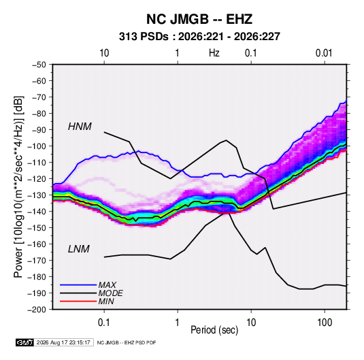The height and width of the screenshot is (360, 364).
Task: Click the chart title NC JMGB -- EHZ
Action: [x=199, y=19]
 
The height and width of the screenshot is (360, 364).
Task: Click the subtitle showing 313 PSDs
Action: [x=199, y=37]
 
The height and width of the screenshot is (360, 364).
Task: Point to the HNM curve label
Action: [x=80, y=127]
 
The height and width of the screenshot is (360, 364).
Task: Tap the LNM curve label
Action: [x=79, y=249]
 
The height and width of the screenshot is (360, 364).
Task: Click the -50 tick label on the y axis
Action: [x=39, y=65]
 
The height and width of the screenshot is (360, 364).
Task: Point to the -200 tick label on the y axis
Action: [x=37, y=310]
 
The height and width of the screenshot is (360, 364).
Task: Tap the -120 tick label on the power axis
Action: [x=37, y=178]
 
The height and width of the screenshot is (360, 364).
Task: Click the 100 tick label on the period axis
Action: [x=325, y=322]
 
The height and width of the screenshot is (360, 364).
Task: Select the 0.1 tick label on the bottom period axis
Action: [x=104, y=322]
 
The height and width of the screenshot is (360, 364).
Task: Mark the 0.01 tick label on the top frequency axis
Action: [x=324, y=53]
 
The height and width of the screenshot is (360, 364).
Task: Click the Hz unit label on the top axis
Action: [x=214, y=53]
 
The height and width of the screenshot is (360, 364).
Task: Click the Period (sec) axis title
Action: [x=214, y=330]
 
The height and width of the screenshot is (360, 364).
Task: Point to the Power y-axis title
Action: [x=18, y=186]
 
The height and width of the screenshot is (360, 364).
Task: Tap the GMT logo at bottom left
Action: [x=25, y=342]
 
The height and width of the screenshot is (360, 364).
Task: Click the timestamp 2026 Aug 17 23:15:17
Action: [x=63, y=342]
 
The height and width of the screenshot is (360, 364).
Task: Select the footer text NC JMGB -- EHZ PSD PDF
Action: [x=127, y=342]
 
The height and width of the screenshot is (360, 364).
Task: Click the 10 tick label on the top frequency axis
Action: [x=104, y=53]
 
